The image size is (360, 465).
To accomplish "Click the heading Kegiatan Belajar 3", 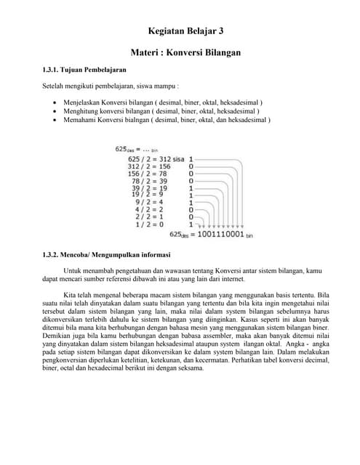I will tap(185, 32).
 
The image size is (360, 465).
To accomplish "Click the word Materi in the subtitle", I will tap(145, 53).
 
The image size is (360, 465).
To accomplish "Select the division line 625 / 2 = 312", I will tap(148, 158).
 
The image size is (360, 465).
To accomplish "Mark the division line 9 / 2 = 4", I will tap(152, 202).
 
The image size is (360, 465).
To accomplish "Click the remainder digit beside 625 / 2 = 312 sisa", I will tap(191, 158).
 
